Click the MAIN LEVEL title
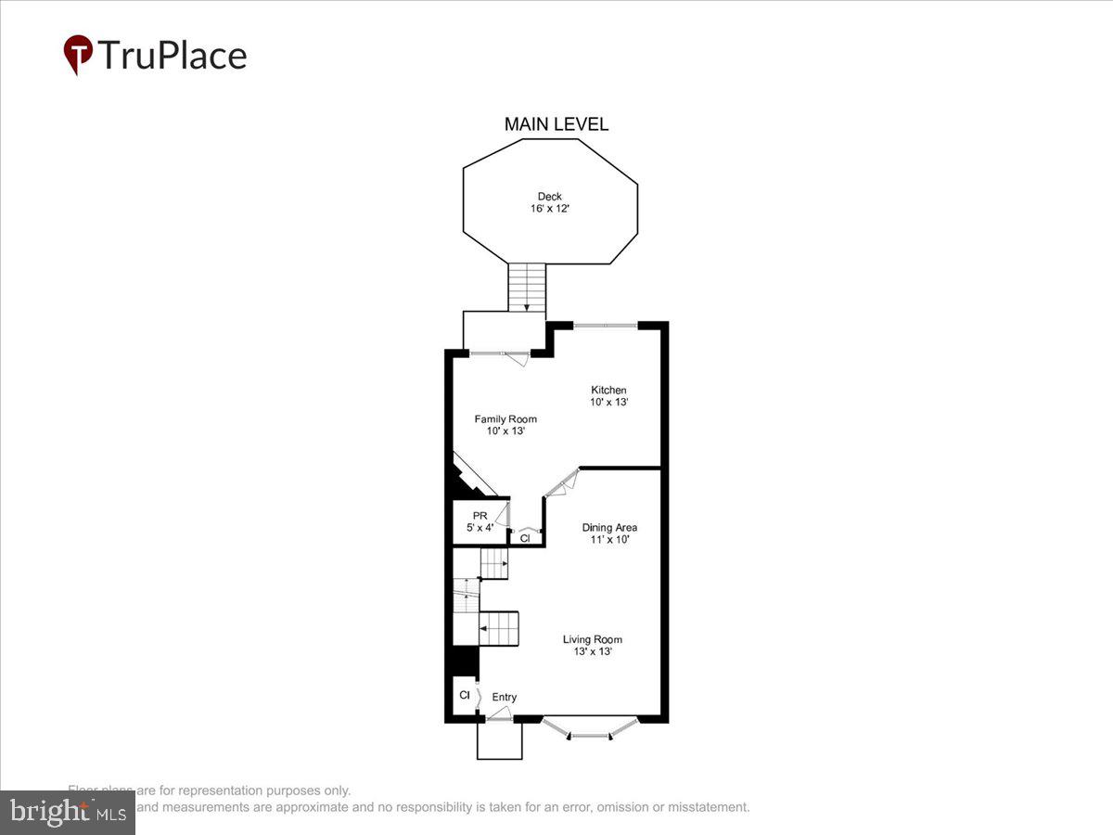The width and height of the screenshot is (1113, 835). [556, 124]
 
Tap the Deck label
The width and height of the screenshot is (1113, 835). [550, 196]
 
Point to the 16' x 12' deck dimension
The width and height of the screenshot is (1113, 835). [550, 209]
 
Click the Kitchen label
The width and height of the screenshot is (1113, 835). [608, 390]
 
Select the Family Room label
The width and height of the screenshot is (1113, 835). [505, 419]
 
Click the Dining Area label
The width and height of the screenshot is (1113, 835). [609, 527]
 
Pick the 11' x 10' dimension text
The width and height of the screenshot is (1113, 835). [609, 539]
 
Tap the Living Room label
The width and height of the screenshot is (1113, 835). [593, 639]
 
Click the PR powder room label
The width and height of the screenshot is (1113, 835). [480, 515]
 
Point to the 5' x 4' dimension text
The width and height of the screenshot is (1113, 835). [480, 528]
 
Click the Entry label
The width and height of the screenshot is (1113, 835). [505, 698]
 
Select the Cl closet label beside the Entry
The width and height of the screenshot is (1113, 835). [464, 694]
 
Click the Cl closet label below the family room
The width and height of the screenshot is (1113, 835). [525, 537]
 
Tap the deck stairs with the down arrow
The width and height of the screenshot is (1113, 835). [527, 287]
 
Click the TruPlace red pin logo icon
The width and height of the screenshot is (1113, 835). [78, 55]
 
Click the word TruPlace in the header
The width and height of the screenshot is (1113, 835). [172, 56]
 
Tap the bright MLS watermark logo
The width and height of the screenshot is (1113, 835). [67, 812]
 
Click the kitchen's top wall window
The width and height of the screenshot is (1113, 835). [605, 325]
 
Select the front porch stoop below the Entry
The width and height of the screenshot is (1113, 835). [500, 740]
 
